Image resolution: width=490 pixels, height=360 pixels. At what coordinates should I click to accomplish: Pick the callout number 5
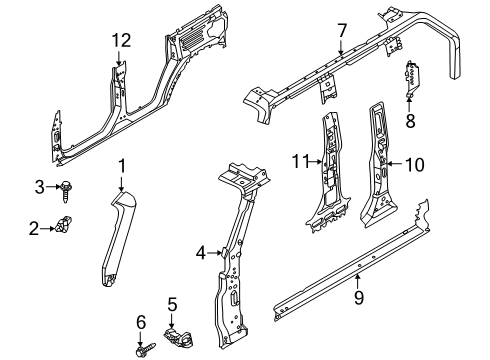point(171,304)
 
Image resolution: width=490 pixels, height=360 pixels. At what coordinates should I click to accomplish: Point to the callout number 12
point(120,40)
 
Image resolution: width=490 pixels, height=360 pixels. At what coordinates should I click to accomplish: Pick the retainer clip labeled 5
point(181,340)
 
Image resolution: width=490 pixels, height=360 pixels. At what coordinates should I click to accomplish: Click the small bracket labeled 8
point(411,79)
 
